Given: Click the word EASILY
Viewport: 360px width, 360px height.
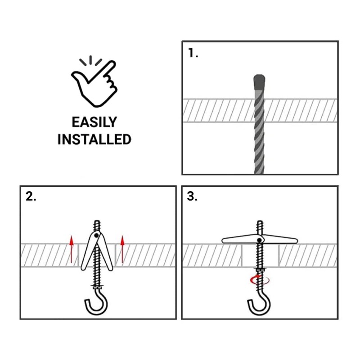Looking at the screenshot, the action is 94,122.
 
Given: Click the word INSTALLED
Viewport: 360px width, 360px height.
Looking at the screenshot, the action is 94,139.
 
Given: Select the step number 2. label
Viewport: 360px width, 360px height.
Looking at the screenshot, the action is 31,197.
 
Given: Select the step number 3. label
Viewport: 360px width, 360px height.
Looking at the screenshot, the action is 193,197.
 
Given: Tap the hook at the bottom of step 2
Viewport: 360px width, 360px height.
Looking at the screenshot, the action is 96,306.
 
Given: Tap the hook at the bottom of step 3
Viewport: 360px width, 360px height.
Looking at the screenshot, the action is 259,306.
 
